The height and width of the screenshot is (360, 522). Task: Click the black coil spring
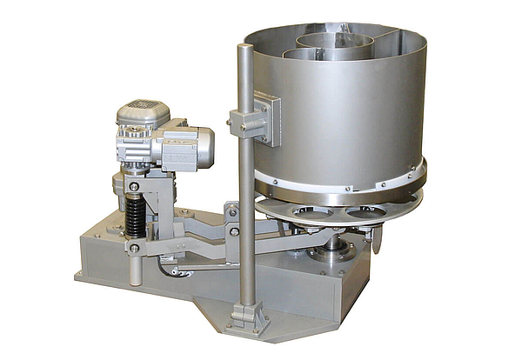pos(135,217)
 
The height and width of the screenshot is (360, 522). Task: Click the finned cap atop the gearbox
pos(143,111)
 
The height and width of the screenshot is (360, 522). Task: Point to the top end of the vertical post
pos(245,50)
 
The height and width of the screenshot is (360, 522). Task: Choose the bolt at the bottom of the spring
pos(134,248)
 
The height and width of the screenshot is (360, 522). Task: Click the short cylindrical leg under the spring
pos(135,270)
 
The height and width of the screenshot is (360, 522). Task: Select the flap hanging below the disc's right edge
pos(376,239)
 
